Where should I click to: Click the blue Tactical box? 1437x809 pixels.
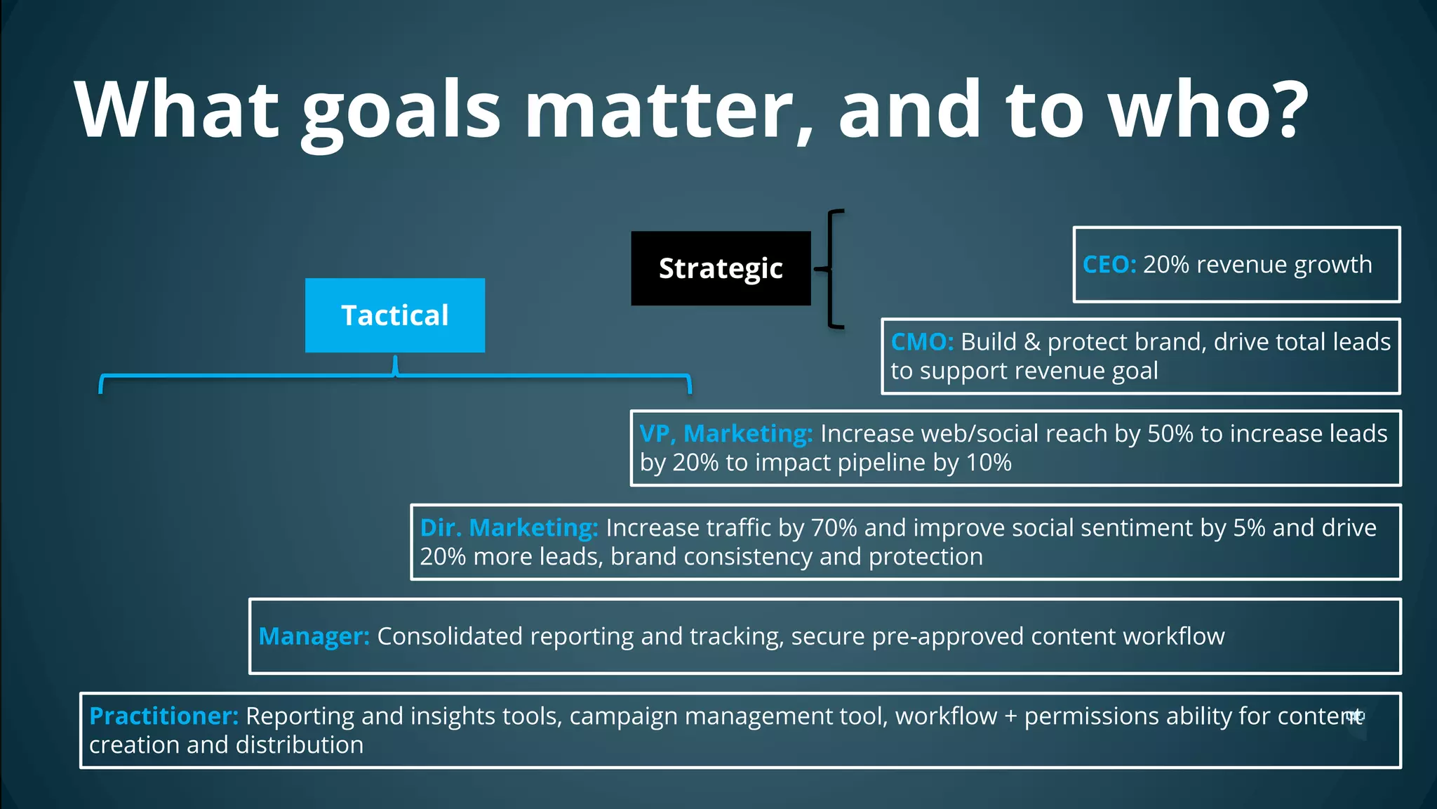(x=394, y=315)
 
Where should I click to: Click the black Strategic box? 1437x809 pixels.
(x=721, y=268)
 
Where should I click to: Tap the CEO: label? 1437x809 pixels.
(x=1109, y=265)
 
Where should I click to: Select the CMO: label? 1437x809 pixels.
(x=922, y=342)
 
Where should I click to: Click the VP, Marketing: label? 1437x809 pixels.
(x=726, y=434)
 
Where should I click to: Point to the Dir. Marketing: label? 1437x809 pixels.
(x=509, y=527)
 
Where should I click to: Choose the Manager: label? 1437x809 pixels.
(x=314, y=636)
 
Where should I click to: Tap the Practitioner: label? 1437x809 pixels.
(x=163, y=716)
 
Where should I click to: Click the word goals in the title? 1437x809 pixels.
(x=401, y=110)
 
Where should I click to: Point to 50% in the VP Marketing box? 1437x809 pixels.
(x=1170, y=434)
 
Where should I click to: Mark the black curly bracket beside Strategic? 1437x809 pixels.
(x=832, y=268)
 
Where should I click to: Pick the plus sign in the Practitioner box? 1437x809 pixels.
(x=1010, y=717)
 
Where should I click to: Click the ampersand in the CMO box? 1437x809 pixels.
(x=1031, y=343)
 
